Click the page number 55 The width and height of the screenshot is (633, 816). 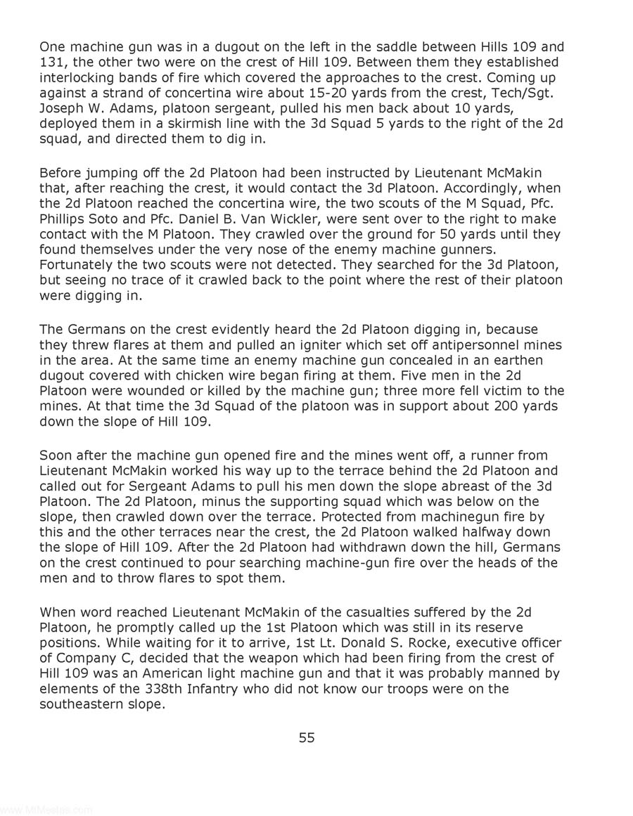pos(307,737)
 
